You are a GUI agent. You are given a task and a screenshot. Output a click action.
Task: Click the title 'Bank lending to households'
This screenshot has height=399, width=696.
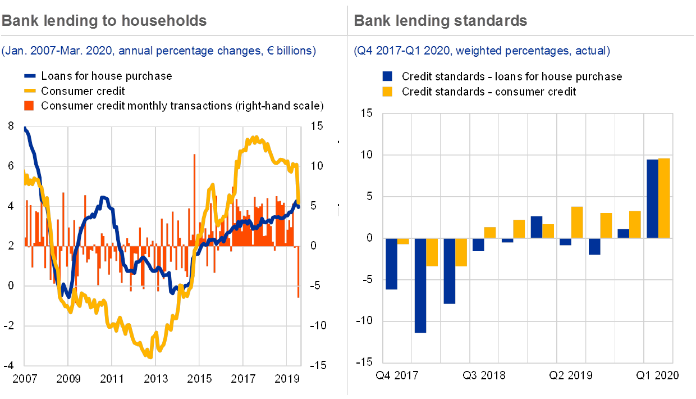click(104, 21)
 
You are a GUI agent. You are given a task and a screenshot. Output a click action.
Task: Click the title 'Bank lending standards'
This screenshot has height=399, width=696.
click(441, 21)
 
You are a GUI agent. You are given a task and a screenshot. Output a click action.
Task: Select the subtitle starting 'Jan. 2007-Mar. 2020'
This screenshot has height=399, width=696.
click(159, 51)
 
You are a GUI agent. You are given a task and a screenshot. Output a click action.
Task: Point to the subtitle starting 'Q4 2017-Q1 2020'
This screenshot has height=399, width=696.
click(482, 51)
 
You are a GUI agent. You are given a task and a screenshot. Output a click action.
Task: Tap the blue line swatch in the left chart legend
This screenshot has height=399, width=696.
click(30, 76)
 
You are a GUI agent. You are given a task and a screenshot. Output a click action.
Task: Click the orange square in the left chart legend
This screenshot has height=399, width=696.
click(30, 105)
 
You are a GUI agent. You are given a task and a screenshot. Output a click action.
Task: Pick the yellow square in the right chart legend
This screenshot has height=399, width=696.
click(387, 91)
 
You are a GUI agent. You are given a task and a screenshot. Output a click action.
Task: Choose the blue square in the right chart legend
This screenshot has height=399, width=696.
click(387, 76)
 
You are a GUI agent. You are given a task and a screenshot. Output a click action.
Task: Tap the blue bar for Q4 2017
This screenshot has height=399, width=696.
click(391, 264)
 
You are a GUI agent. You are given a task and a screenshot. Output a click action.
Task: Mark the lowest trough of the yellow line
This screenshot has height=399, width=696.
click(149, 356)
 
